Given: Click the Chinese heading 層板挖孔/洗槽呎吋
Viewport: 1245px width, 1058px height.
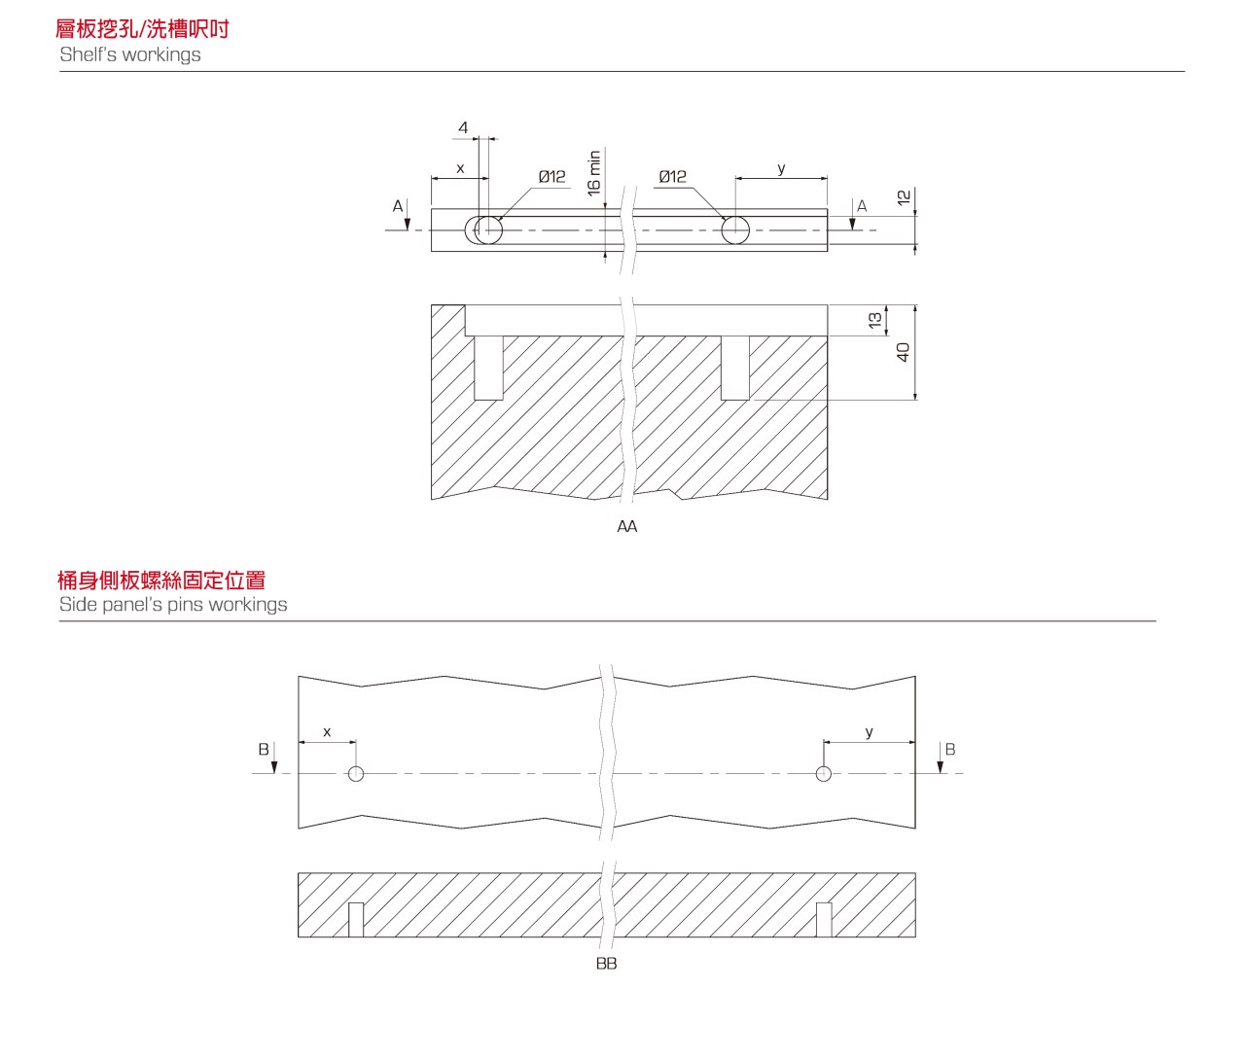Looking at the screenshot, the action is (x=142, y=29).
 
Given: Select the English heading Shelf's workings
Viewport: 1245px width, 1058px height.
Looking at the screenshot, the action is (x=130, y=54).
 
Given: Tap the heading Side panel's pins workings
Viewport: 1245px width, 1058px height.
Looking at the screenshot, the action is (x=173, y=604).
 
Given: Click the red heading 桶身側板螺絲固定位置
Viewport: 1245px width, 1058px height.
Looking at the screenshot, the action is (x=161, y=580).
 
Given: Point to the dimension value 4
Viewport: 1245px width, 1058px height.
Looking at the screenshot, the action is (x=463, y=127).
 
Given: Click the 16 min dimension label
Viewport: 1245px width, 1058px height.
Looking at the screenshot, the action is (x=594, y=173).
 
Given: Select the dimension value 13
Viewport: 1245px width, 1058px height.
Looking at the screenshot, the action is (x=875, y=320).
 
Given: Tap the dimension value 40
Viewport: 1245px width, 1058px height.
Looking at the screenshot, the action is (x=903, y=352).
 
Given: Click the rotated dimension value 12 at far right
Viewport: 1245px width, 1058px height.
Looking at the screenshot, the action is (x=904, y=196).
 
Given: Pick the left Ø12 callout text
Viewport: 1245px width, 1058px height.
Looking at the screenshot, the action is (x=551, y=176).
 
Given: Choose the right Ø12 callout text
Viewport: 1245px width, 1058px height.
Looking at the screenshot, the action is (x=672, y=176).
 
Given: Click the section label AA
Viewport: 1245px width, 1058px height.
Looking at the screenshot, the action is (x=627, y=526).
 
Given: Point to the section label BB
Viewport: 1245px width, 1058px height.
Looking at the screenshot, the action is (x=607, y=964).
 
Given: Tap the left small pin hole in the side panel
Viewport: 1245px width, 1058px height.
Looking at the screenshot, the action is (x=356, y=774).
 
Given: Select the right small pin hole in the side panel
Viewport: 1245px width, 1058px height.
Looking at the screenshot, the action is (x=824, y=774).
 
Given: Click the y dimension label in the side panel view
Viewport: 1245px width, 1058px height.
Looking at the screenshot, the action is (x=870, y=731).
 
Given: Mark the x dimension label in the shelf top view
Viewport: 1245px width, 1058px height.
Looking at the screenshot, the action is (x=460, y=168).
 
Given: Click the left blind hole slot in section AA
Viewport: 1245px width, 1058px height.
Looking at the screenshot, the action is (x=488, y=368).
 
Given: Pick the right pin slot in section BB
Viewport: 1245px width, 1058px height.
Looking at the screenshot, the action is (x=824, y=920).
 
